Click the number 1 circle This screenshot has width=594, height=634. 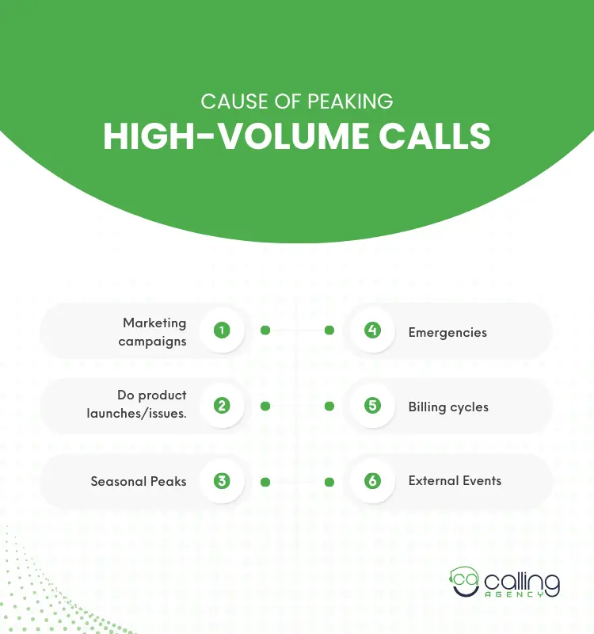(222, 330)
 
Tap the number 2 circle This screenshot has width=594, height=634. (222, 406)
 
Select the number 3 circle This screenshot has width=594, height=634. (222, 481)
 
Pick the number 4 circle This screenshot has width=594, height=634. (372, 330)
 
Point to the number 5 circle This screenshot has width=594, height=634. (372, 406)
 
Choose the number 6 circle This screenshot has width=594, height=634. (372, 481)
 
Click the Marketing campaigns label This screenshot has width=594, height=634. (153, 332)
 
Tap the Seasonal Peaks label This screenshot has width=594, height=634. (139, 481)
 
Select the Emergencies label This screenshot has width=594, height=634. (447, 332)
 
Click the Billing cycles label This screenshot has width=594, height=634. (448, 407)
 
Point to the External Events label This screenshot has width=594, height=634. (455, 480)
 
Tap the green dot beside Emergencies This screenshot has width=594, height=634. (329, 330)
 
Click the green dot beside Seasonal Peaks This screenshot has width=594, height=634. (265, 481)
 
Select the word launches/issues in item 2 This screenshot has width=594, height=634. (137, 413)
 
